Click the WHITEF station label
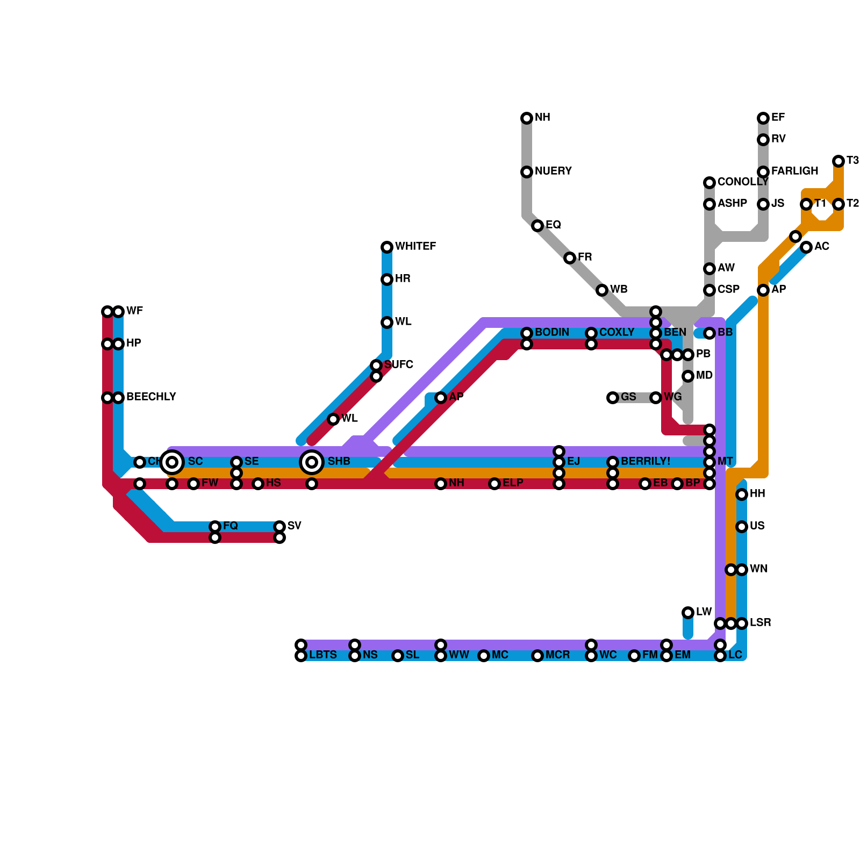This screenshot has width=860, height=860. (x=415, y=247)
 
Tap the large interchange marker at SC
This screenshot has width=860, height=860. (x=172, y=462)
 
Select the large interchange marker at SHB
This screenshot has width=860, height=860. (x=312, y=462)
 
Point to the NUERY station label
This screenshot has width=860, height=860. (x=553, y=171)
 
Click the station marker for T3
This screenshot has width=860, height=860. (x=838, y=161)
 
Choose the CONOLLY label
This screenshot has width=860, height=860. (x=742, y=182)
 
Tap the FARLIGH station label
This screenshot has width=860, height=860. (x=794, y=171)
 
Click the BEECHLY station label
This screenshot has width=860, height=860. (x=150, y=397)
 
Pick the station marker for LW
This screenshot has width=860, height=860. (x=688, y=613)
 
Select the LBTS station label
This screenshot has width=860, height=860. (x=322, y=655)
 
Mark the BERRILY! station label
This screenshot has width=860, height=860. (x=645, y=462)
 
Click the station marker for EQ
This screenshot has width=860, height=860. (x=537, y=226)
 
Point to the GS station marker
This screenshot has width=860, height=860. (x=613, y=398)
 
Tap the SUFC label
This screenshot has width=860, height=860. (x=398, y=365)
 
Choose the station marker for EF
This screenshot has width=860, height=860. (x=763, y=118)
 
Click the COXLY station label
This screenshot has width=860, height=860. (x=617, y=333)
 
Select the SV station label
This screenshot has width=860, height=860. (x=294, y=526)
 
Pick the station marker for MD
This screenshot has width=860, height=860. (x=688, y=376)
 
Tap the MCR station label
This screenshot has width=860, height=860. (x=557, y=655)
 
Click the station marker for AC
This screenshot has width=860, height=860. (x=806, y=247)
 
